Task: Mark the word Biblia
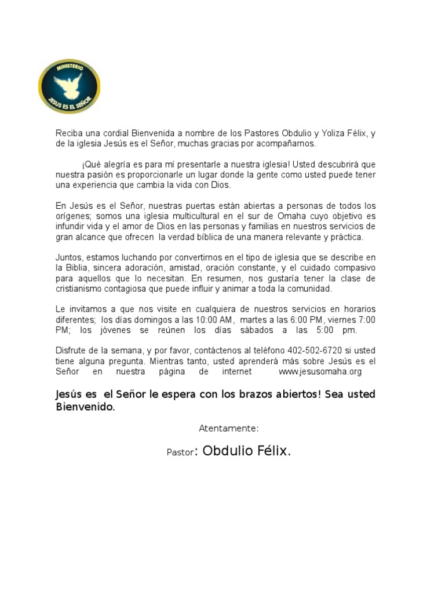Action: [x=77, y=267]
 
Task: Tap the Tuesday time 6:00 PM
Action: [x=306, y=320]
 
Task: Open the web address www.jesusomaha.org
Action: [x=320, y=371]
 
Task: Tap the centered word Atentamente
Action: [x=228, y=429]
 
